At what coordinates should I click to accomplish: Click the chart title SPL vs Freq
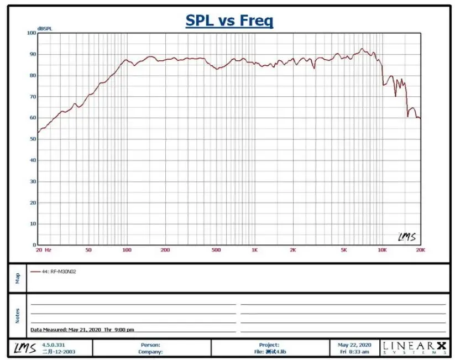coord(229,21)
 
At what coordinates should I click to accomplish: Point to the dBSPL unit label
coord(44,28)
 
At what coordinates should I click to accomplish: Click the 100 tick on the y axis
coord(31,33)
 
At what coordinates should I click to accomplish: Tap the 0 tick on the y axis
coord(34,244)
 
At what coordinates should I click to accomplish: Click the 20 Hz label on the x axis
coord(44,250)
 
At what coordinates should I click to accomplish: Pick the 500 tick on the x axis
coord(216,250)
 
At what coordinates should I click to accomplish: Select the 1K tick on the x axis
coord(254,250)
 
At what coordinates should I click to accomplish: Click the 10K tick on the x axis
coord(382,250)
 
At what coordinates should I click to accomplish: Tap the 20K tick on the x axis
coord(420,250)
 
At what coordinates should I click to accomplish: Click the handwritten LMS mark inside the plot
coord(407,237)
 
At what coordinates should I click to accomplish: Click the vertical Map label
coord(17,278)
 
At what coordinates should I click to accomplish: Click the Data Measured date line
coord(82,330)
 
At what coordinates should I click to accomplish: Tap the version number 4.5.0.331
coord(54,345)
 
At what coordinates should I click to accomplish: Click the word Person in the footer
coord(150,345)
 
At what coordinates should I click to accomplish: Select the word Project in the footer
coord(269,345)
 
